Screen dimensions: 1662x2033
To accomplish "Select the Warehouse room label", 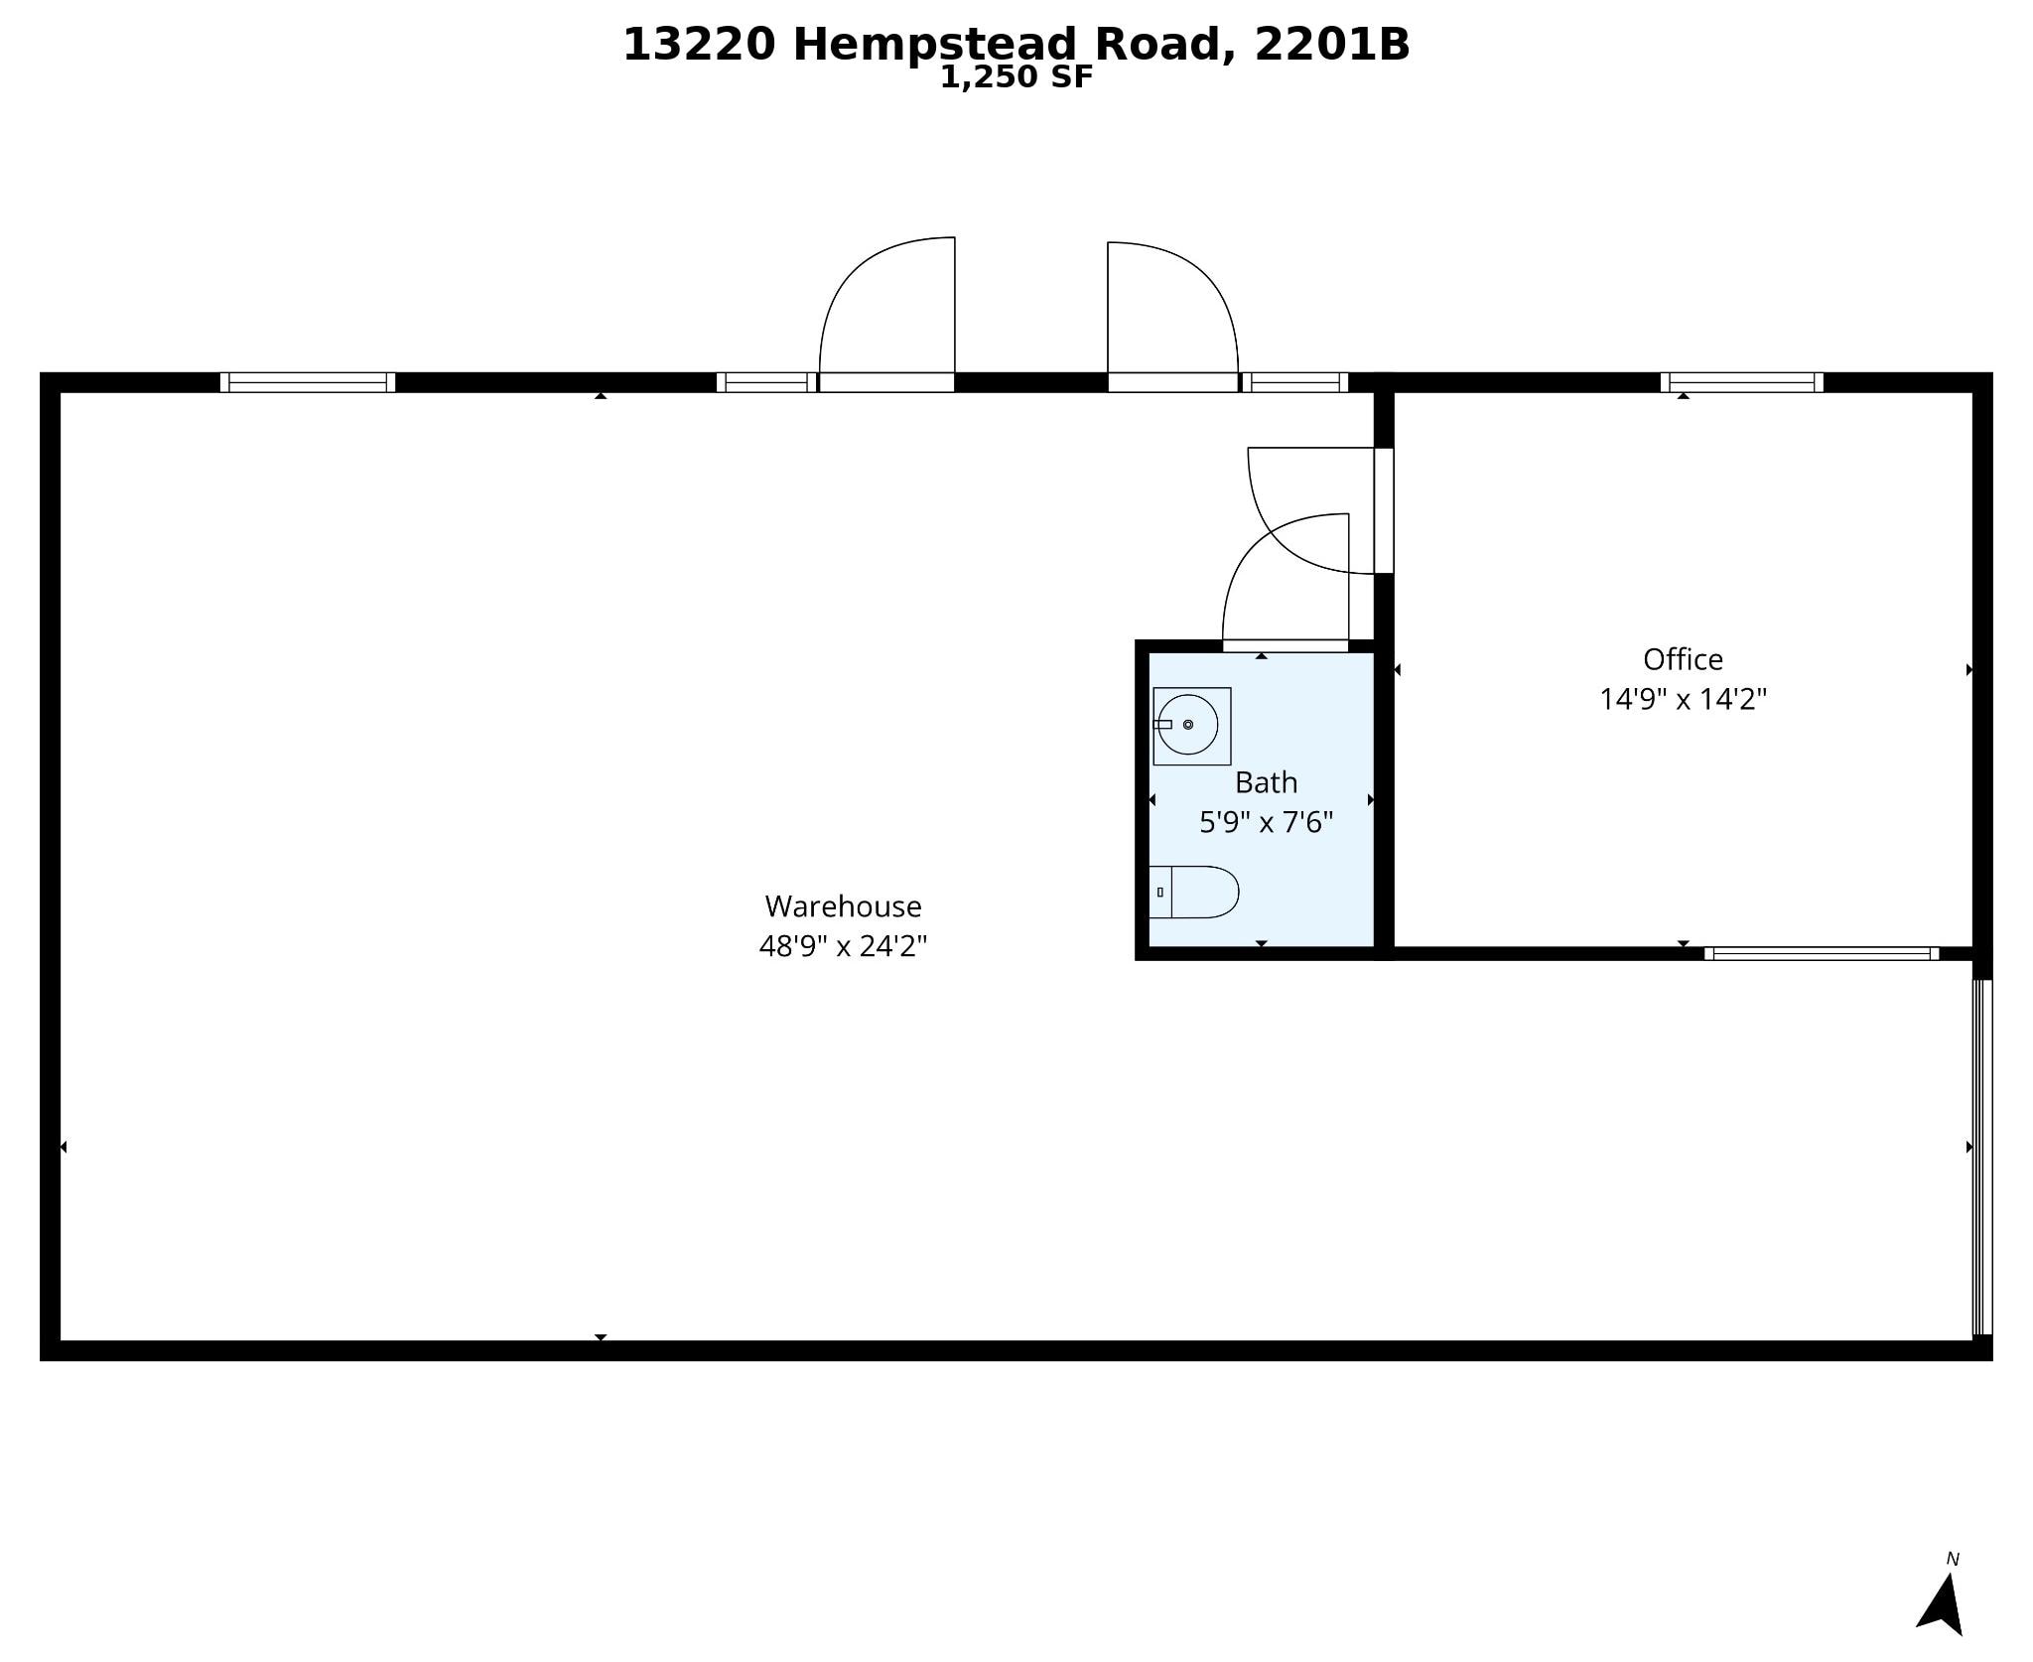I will coord(843,905).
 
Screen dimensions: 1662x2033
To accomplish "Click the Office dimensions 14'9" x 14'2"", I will coord(1683,699).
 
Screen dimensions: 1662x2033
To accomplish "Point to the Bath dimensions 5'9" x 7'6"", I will coord(1266,822).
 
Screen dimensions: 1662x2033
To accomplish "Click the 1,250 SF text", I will coord(1016,77).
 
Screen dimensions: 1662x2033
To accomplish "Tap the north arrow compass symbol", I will coord(1943,1603).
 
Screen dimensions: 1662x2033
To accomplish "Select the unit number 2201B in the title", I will coord(1331,44).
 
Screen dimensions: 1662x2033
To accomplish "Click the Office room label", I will coord(1683,659).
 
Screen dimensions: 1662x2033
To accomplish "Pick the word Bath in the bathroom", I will coord(1266,782).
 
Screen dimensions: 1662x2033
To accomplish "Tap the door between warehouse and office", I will coord(1383,510).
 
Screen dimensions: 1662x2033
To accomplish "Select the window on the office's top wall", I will coord(1741,382).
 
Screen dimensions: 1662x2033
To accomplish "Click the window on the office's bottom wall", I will coord(1822,954).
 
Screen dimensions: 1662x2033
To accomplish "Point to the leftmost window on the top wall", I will coord(307,382).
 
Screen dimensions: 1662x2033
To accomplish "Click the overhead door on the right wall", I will coord(1981,1157).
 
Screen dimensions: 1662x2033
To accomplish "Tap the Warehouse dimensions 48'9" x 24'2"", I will coord(843,946).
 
